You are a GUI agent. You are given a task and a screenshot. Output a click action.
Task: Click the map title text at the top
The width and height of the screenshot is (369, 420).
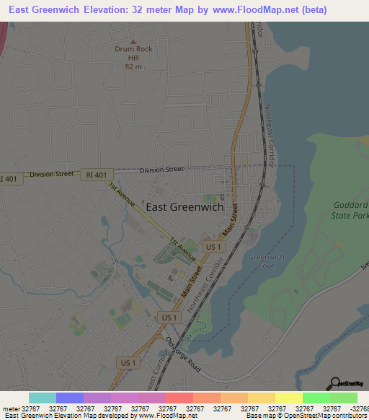(168, 10)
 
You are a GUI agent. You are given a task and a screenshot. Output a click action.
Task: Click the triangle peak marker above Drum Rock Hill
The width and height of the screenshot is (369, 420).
(133, 42)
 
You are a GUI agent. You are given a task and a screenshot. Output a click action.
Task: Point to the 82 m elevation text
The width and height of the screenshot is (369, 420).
(133, 66)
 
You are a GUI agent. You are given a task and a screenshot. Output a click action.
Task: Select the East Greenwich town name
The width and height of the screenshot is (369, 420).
(184, 206)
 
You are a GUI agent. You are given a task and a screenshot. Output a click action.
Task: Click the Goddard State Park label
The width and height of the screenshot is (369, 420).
(350, 210)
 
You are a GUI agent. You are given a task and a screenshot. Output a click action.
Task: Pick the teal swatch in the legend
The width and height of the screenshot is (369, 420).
(43, 398)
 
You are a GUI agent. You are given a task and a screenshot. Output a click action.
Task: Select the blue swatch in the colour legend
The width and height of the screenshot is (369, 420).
(70, 398)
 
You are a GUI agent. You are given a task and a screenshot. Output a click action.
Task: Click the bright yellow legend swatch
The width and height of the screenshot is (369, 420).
(289, 398)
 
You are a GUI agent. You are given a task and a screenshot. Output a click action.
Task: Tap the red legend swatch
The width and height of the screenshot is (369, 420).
(179, 398)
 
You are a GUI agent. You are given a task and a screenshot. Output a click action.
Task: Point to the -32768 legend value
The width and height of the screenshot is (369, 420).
(358, 408)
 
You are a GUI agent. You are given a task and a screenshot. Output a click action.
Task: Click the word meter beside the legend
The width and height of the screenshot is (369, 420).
(10, 408)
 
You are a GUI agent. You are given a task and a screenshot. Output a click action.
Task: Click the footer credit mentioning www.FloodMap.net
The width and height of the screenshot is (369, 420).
(100, 416)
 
